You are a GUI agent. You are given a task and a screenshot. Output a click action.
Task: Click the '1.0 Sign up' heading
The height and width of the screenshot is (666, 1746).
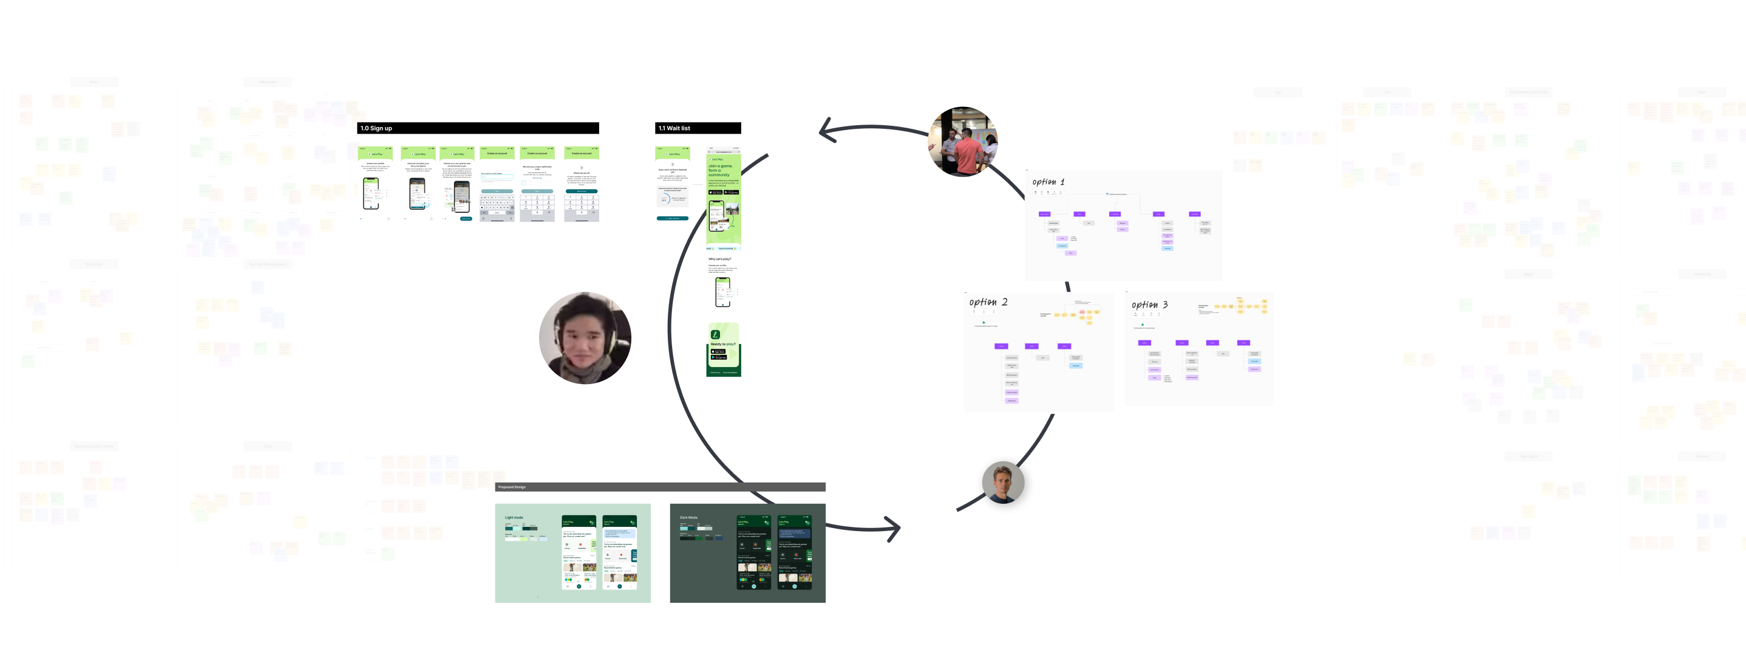coord(376,128)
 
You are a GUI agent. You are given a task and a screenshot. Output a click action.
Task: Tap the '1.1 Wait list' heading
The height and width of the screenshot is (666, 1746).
coord(674,128)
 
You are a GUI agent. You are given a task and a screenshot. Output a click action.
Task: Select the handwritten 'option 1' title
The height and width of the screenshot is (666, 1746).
coord(1048,182)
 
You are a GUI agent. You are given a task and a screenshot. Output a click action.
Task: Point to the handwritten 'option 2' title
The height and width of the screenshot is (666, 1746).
coord(988,302)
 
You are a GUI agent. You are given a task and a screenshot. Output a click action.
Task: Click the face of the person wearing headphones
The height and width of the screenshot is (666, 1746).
coord(584,338)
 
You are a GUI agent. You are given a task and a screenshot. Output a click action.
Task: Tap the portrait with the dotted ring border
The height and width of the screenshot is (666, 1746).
coord(1004,484)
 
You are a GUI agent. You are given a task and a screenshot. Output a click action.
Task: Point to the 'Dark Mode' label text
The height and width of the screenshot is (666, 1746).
coord(688,518)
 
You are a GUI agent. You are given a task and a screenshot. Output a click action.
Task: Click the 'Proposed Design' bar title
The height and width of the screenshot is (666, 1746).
coord(512,487)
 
